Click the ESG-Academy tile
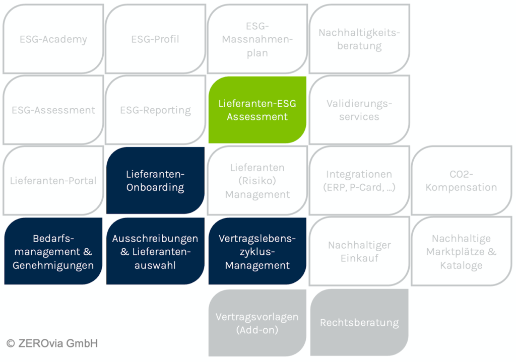pos(53,39)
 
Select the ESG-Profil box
pos(155,39)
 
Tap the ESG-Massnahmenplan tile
pos(257,39)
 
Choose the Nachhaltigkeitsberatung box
pos(359,39)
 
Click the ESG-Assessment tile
pos(53,110)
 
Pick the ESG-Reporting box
pos(155,110)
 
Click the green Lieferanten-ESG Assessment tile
pos(257,110)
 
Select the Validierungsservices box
pos(359,110)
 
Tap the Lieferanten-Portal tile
pos(53,181)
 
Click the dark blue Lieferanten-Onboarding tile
pos(155,181)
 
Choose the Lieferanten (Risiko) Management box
pos(257,181)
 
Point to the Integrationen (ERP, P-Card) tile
pos(359,181)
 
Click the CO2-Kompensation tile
pos(462,181)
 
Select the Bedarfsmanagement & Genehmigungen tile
pos(53,251)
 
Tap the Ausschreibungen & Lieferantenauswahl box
pos(155,251)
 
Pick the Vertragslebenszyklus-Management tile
pos(257,251)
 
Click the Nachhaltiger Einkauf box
pos(359,251)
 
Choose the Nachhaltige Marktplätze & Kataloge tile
pos(462,251)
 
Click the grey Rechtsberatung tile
pos(359,323)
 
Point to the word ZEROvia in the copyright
pos(40,343)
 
